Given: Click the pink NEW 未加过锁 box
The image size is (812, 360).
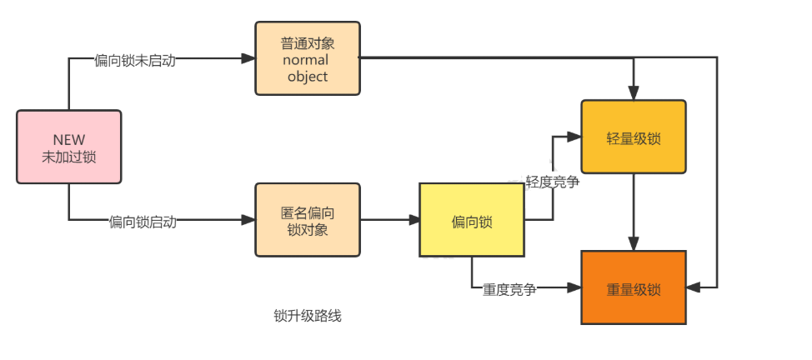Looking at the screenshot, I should click(68, 147).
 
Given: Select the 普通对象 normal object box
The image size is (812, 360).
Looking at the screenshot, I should click(308, 58).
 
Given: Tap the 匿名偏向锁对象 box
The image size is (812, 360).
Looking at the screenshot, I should click(308, 220).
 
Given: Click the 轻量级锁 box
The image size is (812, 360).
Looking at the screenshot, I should click(633, 137).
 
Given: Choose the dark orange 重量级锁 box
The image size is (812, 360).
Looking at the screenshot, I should click(633, 288).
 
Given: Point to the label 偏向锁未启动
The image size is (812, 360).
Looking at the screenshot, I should click(135, 61).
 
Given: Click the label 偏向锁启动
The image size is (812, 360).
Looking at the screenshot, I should click(143, 222).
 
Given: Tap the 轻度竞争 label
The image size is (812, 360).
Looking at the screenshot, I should click(552, 182).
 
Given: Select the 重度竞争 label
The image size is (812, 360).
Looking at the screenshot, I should click(509, 289).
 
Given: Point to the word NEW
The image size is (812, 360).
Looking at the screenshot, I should click(68, 139).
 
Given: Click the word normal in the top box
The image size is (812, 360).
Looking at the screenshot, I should click(306, 60).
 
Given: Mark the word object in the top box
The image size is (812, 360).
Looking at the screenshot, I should click(308, 76).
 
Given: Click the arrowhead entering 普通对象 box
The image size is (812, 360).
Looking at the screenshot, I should click(248, 58).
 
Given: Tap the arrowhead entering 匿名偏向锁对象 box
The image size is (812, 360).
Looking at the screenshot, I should click(248, 220).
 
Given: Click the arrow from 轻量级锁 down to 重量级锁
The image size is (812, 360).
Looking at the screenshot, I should click(634, 212).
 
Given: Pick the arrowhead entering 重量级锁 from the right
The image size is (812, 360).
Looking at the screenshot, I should click(693, 287).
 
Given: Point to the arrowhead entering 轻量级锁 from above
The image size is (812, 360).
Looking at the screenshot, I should click(634, 93).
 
